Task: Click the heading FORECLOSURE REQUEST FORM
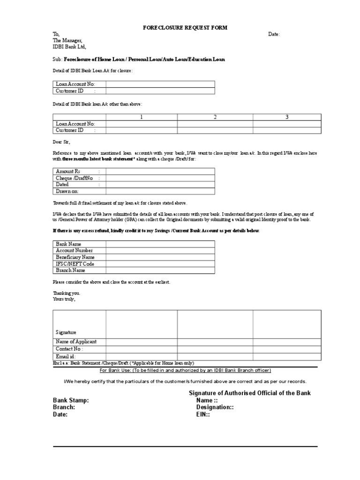tap(185, 28)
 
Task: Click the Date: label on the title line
tap(274, 34)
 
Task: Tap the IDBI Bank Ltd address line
tap(69, 47)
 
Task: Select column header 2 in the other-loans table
tap(215, 117)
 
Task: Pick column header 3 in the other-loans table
tap(287, 117)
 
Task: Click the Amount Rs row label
tap(68, 172)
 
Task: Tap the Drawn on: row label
tap(67, 191)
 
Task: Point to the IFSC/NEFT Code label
tap(75, 264)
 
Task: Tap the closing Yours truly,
tap(63, 299)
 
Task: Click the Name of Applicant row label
tap(76, 342)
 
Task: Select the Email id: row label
tap(66, 357)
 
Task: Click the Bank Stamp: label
tap(70, 401)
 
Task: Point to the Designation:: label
tap(215, 408)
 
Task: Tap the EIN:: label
tap(205, 415)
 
